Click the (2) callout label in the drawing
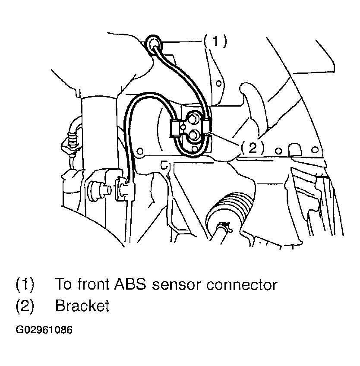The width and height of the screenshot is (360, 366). tap(252, 148)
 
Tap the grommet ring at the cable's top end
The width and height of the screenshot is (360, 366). tap(154, 44)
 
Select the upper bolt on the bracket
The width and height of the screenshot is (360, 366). tap(194, 118)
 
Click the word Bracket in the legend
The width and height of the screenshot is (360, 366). tap(82, 306)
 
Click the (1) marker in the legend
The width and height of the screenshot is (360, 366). tap(25, 285)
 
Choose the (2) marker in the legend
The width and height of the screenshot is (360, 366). tap(25, 306)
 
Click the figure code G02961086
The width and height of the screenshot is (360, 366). tap(44, 330)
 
